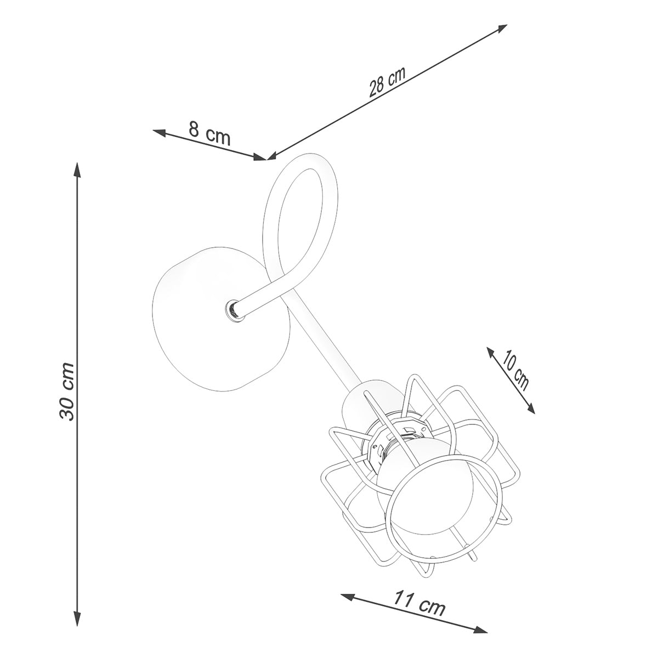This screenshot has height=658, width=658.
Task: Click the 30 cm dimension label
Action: pyautogui.click(x=66, y=392)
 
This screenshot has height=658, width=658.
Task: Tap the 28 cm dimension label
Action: pyautogui.click(x=388, y=82)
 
